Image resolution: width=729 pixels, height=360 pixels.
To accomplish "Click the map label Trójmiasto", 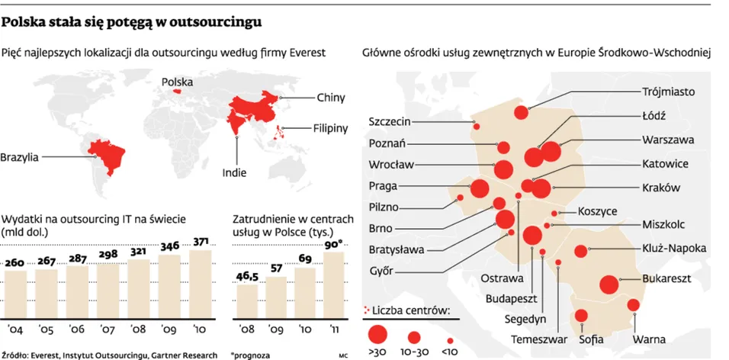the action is [668, 92].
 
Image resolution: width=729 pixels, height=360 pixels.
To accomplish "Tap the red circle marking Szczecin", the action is [477, 126].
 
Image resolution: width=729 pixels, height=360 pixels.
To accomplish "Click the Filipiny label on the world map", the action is [329, 129].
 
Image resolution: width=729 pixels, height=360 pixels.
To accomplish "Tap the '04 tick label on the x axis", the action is [15, 329].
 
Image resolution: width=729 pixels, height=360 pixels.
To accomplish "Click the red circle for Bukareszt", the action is [609, 284].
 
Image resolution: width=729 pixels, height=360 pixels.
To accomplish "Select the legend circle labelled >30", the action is [377, 334].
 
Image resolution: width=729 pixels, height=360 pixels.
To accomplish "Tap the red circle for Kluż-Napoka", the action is [581, 251].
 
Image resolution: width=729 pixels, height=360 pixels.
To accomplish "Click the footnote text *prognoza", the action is [250, 355].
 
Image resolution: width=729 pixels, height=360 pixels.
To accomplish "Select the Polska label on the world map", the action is [177, 82].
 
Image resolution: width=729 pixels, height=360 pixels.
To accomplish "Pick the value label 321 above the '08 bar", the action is [138, 252].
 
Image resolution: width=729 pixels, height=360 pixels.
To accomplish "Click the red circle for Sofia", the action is [581, 315].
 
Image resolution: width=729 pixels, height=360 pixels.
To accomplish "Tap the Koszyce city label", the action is [597, 211].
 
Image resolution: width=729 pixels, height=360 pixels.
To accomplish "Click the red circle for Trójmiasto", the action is [521, 113].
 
